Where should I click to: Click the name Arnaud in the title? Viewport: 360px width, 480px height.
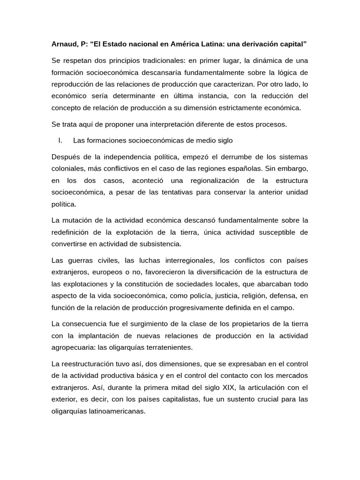65,44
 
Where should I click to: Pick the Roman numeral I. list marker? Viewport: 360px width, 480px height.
60,140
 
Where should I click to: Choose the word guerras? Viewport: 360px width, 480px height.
82,260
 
